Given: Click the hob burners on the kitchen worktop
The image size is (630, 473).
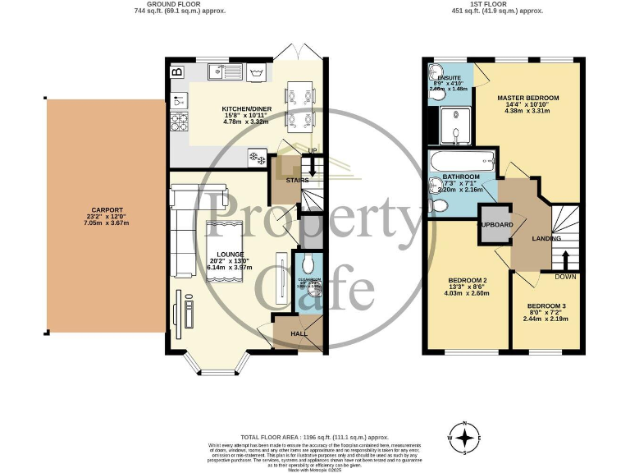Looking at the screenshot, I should pyautogui.click(x=178, y=122).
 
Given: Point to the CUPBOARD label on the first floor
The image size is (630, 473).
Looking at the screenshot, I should pyautogui.click(x=496, y=224).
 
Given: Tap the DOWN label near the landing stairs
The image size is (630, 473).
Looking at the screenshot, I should pyautogui.click(x=565, y=277).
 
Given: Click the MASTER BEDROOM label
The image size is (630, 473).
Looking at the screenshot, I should pyautogui.click(x=527, y=98).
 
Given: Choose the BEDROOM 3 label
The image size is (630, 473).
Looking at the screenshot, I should pyautogui.click(x=546, y=306).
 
